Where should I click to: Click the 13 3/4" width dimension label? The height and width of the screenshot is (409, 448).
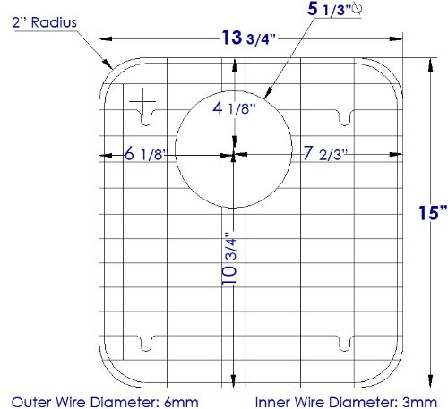[248, 38]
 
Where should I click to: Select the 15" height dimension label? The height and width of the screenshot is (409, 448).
[433, 213]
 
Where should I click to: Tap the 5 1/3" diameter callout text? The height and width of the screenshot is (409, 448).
[330, 10]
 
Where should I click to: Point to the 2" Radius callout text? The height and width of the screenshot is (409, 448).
[44, 22]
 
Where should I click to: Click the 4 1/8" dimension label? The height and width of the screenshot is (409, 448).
[234, 108]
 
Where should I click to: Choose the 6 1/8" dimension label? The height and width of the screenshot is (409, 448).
[146, 154]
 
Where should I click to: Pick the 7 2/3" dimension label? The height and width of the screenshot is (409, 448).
[325, 154]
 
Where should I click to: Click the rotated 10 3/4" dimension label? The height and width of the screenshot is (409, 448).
[229, 258]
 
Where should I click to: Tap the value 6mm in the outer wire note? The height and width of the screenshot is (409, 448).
[181, 402]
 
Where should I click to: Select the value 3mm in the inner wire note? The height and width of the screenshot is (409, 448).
[419, 402]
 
